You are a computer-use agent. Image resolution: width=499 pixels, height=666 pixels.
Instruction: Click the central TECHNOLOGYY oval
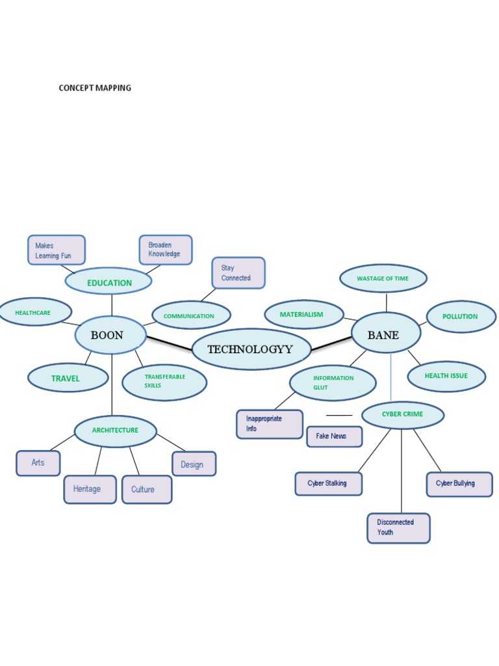tap(251, 349)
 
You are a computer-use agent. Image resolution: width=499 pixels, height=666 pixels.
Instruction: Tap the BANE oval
tap(385, 335)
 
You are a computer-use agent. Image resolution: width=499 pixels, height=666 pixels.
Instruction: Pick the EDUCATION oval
tap(109, 282)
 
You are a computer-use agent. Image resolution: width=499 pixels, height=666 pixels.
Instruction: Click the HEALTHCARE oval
tap(34, 313)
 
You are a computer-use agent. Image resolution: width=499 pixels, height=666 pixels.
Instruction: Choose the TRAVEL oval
tap(68, 378)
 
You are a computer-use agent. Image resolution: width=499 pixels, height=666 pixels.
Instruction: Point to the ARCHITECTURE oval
tap(116, 431)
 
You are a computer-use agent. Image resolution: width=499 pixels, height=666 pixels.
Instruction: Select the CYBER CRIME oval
tap(402, 414)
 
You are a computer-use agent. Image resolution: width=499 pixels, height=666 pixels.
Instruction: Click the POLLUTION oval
tap(461, 317)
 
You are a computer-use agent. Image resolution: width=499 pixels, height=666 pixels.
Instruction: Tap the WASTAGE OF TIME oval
tap(383, 278)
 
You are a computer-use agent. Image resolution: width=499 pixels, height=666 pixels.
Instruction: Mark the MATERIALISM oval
tap(303, 315)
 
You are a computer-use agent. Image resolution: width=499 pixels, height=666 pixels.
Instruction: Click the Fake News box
tap(333, 436)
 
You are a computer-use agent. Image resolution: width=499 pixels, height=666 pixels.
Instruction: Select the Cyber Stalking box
tap(328, 483)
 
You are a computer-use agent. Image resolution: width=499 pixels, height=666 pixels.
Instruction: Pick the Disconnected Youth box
tap(398, 527)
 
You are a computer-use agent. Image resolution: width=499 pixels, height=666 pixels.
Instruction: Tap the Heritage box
tap(90, 489)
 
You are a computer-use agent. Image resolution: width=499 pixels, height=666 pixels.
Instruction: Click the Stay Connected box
tap(238, 273)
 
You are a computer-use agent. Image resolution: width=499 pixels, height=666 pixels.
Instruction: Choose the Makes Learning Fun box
tap(56, 250)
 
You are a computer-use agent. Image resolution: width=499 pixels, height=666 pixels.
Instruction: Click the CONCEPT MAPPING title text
tap(95, 88)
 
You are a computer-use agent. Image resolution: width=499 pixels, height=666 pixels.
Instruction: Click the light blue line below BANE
tap(390, 380)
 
